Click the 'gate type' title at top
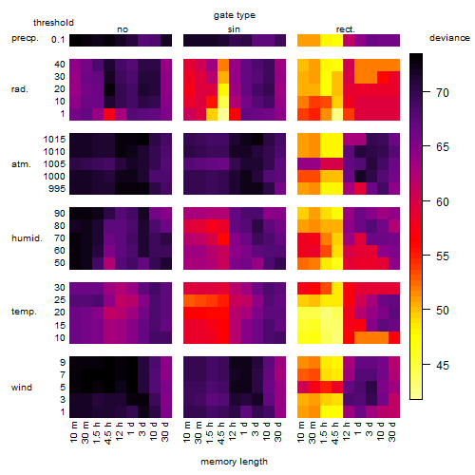(235, 15)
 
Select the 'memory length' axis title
(234, 462)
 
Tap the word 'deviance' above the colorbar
(449, 38)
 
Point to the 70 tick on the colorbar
(427, 92)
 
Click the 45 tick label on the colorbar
(443, 366)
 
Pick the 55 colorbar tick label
(443, 256)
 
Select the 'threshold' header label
(53, 23)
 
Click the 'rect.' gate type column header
(346, 29)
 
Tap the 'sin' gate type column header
(234, 29)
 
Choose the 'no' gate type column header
(123, 29)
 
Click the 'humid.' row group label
(27, 238)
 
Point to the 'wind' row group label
(22, 388)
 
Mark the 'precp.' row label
(25, 39)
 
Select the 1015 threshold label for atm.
(54, 140)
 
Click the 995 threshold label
(57, 189)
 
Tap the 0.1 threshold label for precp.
(58, 40)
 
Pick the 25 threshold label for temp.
(60, 300)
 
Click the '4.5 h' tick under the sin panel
(221, 433)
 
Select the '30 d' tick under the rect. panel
(392, 431)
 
